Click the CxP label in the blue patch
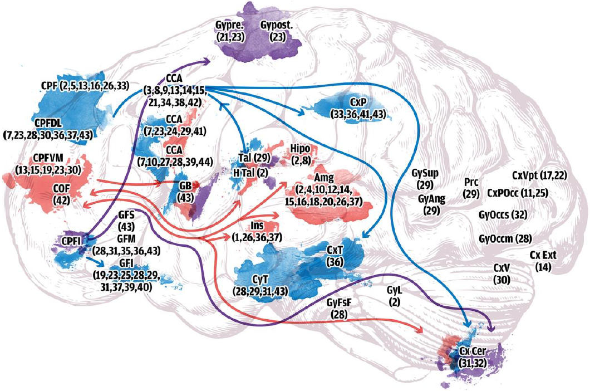[x=357, y=103]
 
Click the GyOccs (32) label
[x=503, y=214]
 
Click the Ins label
[x=257, y=226]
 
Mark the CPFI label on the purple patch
[x=72, y=242]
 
